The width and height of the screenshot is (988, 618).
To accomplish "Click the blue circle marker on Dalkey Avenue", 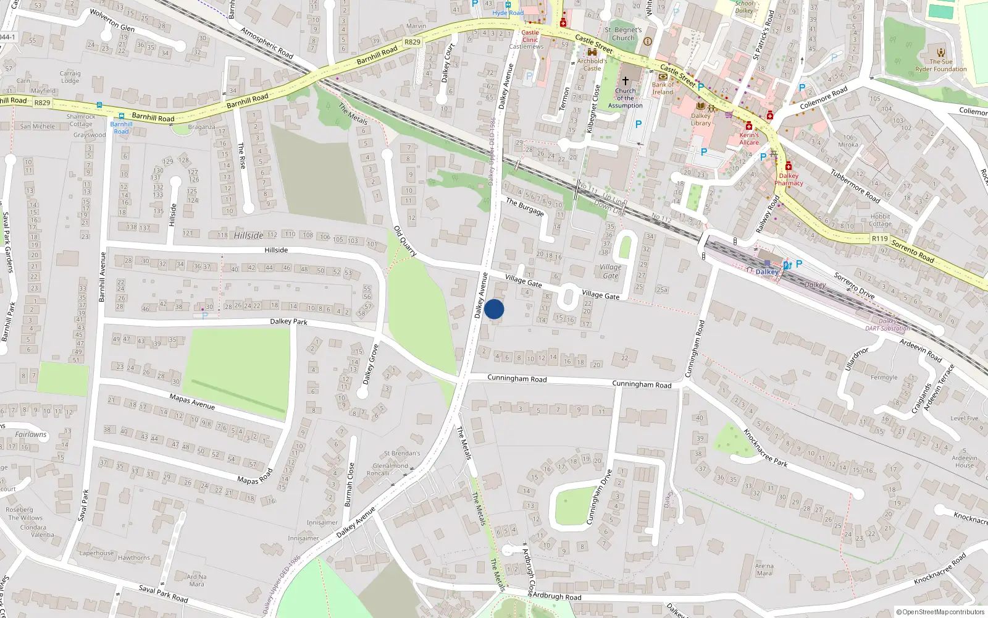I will coord(494,309).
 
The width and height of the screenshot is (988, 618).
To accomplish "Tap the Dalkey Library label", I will coord(701,119).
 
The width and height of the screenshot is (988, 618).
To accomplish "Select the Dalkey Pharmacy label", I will coord(789,179).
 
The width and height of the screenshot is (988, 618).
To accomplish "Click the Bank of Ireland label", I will coord(663,88).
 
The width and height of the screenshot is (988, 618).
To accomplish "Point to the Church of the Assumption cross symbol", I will coord(625,81).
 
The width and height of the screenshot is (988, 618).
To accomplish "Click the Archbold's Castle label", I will coord(592,64).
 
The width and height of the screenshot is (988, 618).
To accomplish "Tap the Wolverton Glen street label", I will coord(112,20).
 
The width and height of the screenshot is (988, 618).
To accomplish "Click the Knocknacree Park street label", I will coord(765,448).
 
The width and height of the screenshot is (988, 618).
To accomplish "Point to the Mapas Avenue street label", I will coord(192,402).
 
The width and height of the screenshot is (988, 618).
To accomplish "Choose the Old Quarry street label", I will coord(405,241).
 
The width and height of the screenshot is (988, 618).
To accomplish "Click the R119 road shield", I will coord(880,239).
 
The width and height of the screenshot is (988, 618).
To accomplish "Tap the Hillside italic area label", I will coord(248,235).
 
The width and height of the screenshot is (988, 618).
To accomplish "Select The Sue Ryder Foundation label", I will coord(940,66).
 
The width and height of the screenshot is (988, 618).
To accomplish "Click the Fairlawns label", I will coord(31,434).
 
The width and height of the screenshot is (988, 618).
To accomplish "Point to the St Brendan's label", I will coord(401,453).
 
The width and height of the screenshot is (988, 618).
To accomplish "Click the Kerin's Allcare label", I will coord(749,138).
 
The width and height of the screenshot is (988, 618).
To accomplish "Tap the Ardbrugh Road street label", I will coord(556,596).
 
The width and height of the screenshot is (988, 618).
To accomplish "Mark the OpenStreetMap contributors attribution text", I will coord(940,612).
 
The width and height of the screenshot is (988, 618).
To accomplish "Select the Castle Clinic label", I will coord(530,36).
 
